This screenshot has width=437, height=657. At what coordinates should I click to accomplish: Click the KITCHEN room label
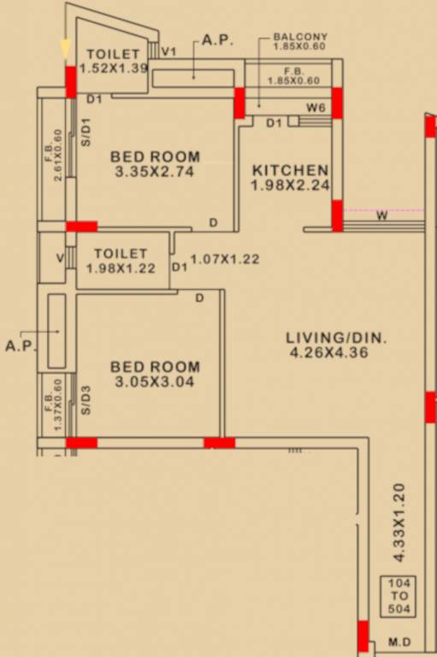click(288, 170)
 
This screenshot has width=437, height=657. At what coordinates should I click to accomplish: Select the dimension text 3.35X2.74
click(156, 171)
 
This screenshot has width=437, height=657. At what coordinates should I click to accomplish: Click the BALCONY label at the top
click(299, 38)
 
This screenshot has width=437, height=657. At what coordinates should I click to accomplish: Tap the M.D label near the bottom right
click(399, 642)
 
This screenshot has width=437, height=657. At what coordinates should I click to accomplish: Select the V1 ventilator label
click(169, 52)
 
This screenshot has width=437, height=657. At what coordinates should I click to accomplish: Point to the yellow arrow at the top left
click(66, 49)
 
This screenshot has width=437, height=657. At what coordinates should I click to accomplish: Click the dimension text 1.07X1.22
click(224, 259)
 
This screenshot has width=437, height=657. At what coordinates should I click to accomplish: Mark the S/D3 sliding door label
click(86, 400)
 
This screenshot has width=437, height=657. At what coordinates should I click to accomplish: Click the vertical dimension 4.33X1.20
click(399, 523)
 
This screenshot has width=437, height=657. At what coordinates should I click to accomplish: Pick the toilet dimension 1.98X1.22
click(121, 268)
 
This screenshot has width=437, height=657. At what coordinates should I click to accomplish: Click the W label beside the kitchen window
click(381, 216)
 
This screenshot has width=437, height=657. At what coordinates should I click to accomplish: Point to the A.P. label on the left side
click(18, 346)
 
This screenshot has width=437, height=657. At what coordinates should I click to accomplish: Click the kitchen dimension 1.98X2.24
click(290, 185)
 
